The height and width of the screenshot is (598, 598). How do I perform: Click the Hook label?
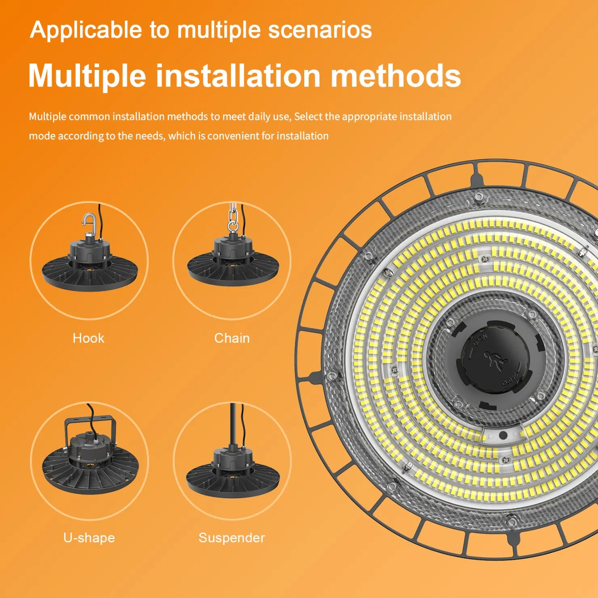click(88, 338)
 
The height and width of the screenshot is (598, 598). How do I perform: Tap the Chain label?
click(232, 338)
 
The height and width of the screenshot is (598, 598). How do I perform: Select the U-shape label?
click(89, 538)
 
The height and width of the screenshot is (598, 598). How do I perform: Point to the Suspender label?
click(232, 538)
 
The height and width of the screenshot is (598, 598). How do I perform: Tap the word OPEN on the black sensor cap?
click(480, 340)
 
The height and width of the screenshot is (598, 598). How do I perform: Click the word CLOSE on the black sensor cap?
click(510, 379)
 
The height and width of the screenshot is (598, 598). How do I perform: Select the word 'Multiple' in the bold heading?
click(87, 76)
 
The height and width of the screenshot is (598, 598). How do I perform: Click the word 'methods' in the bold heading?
click(396, 76)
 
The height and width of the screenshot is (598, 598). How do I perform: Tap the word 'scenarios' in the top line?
click(320, 30)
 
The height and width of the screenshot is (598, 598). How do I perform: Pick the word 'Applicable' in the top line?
click(86, 31)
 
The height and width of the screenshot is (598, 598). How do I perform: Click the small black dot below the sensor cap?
click(503, 436)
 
